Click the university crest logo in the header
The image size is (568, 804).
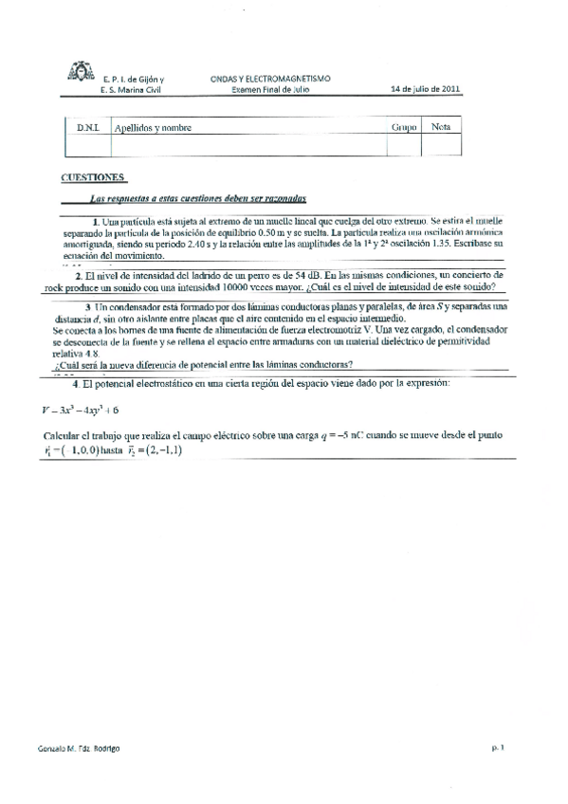[79, 73]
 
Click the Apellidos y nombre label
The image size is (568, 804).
[152, 127]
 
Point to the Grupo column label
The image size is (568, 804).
[404, 127]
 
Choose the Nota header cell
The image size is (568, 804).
[441, 126]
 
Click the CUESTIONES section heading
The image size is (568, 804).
[92, 177]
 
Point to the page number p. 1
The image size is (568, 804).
[497, 747]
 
